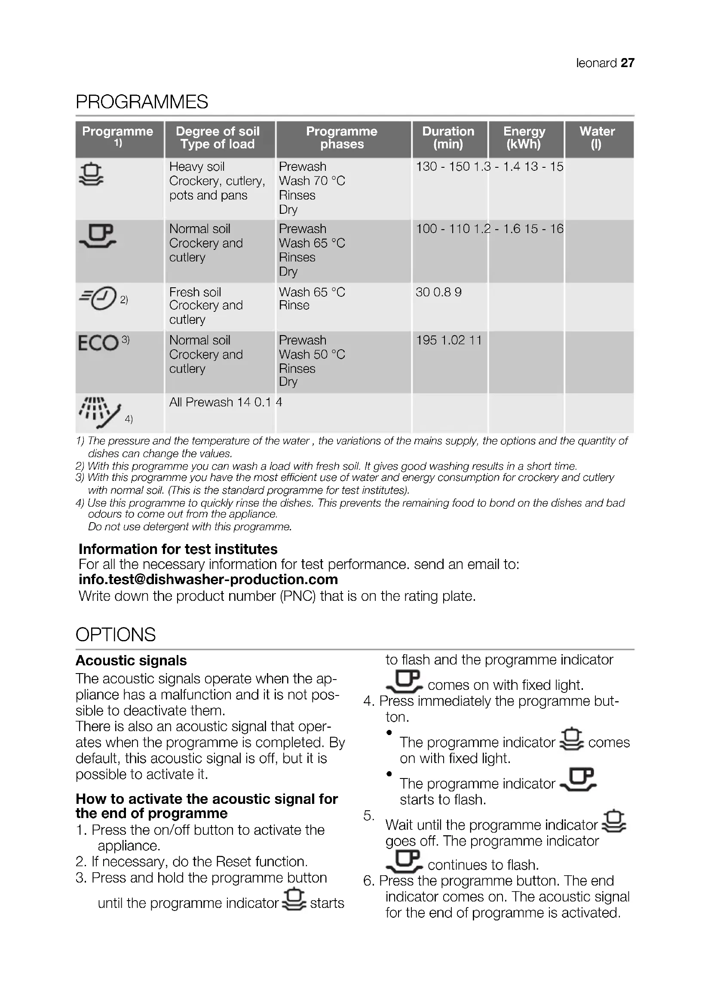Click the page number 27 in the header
click(x=627, y=63)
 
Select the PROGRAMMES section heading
click(x=142, y=102)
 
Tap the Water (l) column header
click(x=597, y=138)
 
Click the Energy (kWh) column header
click(x=524, y=138)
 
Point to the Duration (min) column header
click(x=448, y=138)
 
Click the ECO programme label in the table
click(x=98, y=343)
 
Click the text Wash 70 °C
click(x=312, y=181)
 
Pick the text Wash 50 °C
click(x=312, y=354)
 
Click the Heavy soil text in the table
click(x=196, y=166)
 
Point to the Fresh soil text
click(x=195, y=292)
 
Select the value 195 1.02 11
click(x=448, y=340)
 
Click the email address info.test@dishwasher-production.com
click(x=208, y=579)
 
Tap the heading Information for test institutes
click(x=178, y=549)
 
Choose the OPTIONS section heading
click(x=116, y=634)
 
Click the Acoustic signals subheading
click(x=131, y=660)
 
